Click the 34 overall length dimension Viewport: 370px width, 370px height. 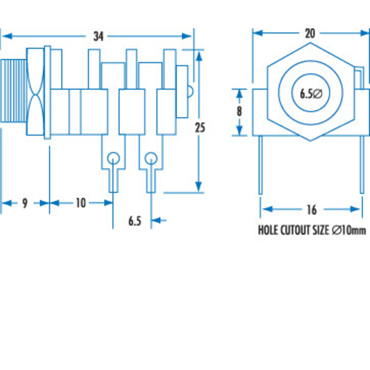tap(98, 36)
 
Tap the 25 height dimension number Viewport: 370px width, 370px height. tap(200, 127)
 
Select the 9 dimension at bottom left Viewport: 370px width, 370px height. tap(25, 203)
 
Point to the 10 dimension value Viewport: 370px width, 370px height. tap(81, 203)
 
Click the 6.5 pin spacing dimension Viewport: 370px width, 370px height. tap(135, 221)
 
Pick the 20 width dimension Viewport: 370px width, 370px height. tap(310, 34)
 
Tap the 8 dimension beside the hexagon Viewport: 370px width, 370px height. tap(239, 111)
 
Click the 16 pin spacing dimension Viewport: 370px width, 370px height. tap(312, 210)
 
